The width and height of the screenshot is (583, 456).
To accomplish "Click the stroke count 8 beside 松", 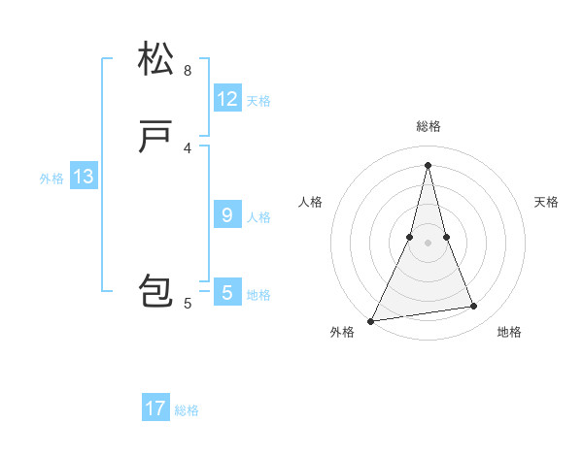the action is (188, 71).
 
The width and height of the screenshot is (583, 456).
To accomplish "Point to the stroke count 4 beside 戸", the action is (188, 147).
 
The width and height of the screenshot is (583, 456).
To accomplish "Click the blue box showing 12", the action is (227, 99).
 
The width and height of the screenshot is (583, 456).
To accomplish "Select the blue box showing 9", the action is (227, 215).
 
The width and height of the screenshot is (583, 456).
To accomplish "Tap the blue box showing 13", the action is (84, 177).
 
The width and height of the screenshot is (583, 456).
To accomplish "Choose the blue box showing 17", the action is (155, 408).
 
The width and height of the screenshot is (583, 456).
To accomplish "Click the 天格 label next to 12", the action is (258, 101).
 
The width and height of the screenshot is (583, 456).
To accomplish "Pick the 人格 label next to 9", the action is (258, 217).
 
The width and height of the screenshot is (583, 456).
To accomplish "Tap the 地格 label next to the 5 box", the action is (258, 295).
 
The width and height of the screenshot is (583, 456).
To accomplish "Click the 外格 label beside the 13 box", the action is (51, 179).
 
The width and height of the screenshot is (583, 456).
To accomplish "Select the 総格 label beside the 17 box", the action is (187, 410).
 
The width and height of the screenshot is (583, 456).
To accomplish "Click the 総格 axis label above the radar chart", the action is (428, 126).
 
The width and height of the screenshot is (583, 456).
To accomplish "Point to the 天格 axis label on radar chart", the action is (546, 202).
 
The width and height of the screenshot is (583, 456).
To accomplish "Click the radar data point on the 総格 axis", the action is (428, 164).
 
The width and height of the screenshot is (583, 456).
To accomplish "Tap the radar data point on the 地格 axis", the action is (474, 307).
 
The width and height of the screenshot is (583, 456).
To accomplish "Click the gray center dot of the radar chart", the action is (428, 243).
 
